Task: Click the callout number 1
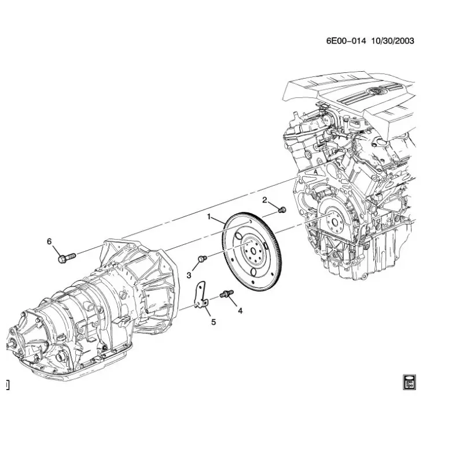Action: (x=210, y=217)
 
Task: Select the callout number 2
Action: (x=264, y=200)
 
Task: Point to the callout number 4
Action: (x=241, y=310)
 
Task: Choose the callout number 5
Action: (x=213, y=322)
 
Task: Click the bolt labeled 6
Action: (x=66, y=256)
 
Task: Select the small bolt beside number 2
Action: (x=282, y=209)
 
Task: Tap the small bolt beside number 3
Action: (x=202, y=259)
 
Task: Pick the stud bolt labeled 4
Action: (x=226, y=295)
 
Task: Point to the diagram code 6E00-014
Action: (x=345, y=41)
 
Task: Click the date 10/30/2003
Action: (x=394, y=41)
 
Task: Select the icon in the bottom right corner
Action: (x=409, y=381)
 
